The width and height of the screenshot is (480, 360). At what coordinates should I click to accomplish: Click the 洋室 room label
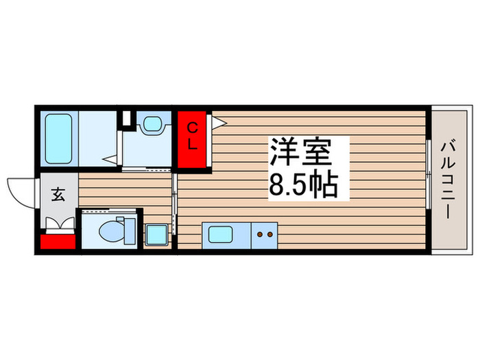(300, 152)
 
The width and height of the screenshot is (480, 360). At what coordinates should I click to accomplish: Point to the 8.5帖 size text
(303, 185)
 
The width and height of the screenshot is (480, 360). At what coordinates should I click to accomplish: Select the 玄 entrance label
(58, 194)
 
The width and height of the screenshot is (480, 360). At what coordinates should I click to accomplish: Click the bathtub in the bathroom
(58, 139)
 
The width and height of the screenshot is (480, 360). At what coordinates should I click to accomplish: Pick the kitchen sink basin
(220, 235)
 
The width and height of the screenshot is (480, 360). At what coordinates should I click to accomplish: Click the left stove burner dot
(260, 235)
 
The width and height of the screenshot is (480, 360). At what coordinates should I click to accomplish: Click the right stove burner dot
(269, 235)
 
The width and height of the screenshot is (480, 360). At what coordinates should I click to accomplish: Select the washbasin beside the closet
(152, 124)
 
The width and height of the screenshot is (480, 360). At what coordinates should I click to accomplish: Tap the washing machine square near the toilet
(156, 235)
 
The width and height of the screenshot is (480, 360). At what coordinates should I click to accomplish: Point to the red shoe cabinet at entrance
(58, 241)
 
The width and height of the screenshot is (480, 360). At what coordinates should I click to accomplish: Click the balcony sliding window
(429, 174)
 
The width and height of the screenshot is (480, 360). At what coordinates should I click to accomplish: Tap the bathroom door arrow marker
(110, 159)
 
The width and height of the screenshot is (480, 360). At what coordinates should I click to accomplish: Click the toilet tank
(130, 231)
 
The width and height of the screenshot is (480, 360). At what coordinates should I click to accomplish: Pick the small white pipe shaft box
(126, 117)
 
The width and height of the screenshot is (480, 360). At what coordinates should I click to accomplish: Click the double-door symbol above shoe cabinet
(60, 223)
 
